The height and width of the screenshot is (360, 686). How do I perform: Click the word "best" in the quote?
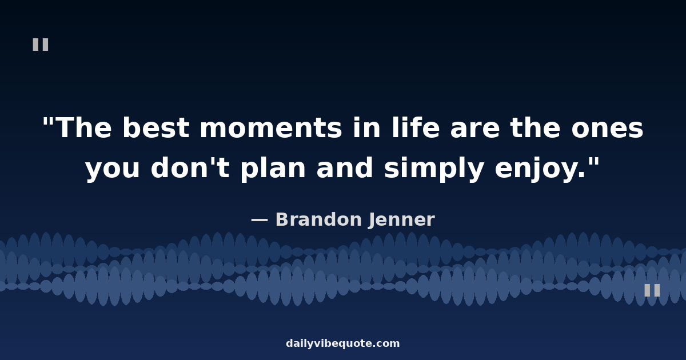click(156, 127)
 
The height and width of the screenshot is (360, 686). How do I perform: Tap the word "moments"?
click(271, 129)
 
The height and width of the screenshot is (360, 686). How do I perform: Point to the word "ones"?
click(607, 129)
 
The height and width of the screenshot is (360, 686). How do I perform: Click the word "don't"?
click(190, 167)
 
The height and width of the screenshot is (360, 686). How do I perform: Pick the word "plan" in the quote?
click(273, 169)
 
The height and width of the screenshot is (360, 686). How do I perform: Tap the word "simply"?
click(434, 169)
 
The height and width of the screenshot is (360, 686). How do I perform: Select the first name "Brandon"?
click(318, 219)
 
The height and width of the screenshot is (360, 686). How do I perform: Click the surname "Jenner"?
click(402, 220)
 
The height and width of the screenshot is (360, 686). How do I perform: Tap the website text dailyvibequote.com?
click(342, 343)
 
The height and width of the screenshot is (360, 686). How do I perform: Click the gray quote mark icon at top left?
click(41, 45)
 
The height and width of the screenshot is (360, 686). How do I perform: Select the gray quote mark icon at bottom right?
click(652, 290)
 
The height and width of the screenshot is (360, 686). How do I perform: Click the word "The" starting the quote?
click(84, 127)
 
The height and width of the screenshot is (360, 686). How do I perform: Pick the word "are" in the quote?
click(475, 129)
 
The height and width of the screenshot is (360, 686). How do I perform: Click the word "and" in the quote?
click(345, 167)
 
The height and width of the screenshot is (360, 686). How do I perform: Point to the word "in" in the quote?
click(367, 127)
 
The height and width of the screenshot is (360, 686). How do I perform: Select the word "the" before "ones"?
click(535, 127)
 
